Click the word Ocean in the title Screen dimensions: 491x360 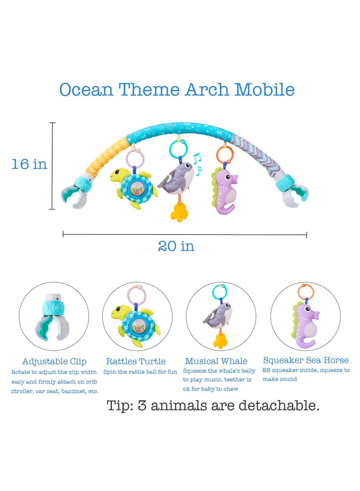coord(86,90)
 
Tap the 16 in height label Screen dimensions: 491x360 coord(29,164)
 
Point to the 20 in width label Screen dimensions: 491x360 coord(176,246)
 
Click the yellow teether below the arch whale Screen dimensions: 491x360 coord(179,211)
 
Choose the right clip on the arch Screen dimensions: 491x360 coord(295,193)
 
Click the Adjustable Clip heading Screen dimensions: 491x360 coord(54,361)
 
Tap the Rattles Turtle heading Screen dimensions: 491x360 coord(136,361)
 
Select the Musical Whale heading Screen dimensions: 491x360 coord(216,361)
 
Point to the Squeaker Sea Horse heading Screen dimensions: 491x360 coord(306,360)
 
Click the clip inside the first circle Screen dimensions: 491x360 coord(54,315)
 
